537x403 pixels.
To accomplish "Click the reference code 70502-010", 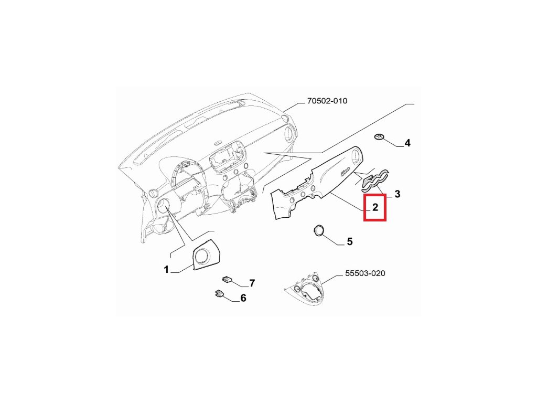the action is pyautogui.click(x=327, y=101).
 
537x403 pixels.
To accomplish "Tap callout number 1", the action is pyautogui.click(x=166, y=270).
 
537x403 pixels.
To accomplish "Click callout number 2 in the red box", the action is pyautogui.click(x=375, y=208).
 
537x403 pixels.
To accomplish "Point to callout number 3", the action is pyautogui.click(x=397, y=194).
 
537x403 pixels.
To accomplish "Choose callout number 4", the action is pyautogui.click(x=407, y=143).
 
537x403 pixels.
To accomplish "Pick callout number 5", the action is pyautogui.click(x=349, y=242).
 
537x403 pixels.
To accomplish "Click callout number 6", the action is pyautogui.click(x=243, y=298).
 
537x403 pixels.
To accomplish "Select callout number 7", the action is pyautogui.click(x=252, y=283).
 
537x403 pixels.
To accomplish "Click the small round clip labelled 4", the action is pyautogui.click(x=379, y=137).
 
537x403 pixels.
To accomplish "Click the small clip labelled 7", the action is pyautogui.click(x=227, y=279).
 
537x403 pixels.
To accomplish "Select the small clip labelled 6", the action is pyautogui.click(x=219, y=293).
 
